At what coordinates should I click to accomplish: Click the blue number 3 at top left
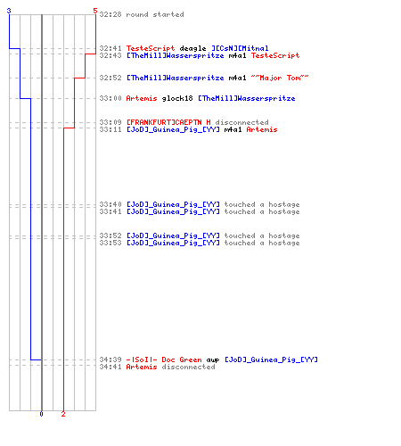coord(9,11)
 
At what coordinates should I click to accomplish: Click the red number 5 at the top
coord(95,11)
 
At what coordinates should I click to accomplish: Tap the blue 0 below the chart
coord(41,414)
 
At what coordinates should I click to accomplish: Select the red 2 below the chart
coord(63,414)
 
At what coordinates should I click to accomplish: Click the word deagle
coord(192,48)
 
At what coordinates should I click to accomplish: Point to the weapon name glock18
coord(177,98)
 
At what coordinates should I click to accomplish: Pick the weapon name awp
coord(213,360)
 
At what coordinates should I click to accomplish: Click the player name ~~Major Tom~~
coord(280,78)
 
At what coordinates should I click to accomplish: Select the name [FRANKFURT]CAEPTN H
coord(168,122)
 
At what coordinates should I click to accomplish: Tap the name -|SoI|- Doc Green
coord(164,359)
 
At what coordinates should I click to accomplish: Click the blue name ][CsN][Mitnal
coord(240,48)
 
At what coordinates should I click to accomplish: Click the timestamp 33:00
coord(110,98)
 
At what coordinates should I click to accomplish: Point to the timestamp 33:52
coord(110,235)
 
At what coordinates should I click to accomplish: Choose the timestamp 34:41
coord(110,367)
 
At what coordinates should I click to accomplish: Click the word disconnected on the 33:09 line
coord(241,122)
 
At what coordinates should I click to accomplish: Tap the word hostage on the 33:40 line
coord(284,204)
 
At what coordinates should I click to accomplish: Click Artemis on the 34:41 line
coord(142,367)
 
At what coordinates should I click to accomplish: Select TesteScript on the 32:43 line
coord(275,55)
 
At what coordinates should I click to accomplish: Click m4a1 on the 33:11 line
coord(233,129)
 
